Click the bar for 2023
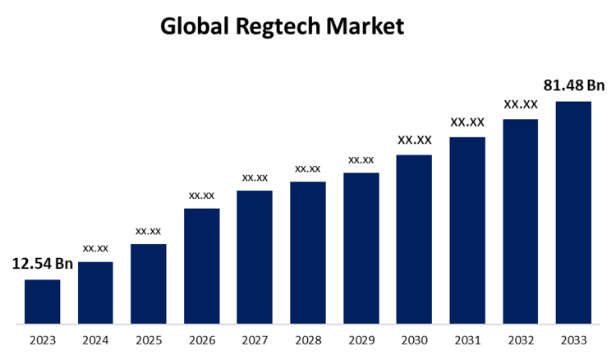42,302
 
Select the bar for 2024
95,293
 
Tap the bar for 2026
201,265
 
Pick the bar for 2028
308,252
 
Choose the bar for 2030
414,239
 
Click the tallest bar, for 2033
573,212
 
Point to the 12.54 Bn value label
42,264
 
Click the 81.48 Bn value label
574,85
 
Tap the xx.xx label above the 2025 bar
148,231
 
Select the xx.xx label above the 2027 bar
255,178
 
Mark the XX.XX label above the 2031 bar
467,122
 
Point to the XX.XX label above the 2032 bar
521,104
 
